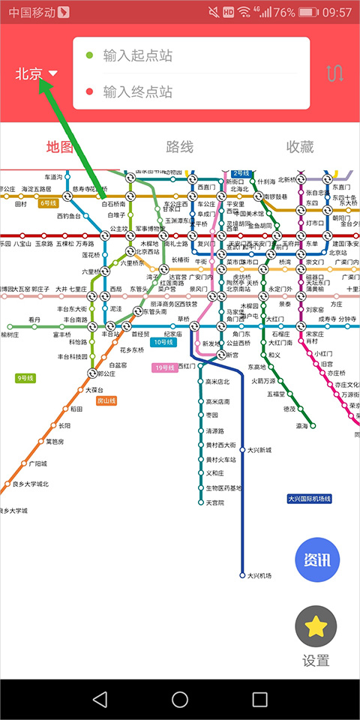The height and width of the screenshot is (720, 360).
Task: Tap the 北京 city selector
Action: (36, 73)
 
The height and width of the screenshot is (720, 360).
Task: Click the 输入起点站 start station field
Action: (191, 55)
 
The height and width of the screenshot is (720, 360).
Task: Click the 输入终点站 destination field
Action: (191, 92)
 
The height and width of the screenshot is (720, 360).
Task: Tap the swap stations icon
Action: (334, 73)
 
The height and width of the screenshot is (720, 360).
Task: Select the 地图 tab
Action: (60, 147)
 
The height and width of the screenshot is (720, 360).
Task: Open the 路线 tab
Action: (180, 147)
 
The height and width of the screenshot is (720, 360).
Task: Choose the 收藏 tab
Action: (300, 147)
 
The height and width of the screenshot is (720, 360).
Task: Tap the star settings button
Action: (316, 626)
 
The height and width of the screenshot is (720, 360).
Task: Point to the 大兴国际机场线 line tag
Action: (309, 499)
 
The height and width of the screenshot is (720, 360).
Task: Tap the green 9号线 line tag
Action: (25, 378)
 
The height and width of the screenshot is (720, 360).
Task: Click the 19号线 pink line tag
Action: (164, 367)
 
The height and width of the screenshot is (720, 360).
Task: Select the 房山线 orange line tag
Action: (107, 401)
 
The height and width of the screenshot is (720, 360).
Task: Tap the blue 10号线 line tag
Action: (163, 342)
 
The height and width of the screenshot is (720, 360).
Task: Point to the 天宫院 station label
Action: (215, 502)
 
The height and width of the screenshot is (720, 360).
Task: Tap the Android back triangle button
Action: (100, 699)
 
